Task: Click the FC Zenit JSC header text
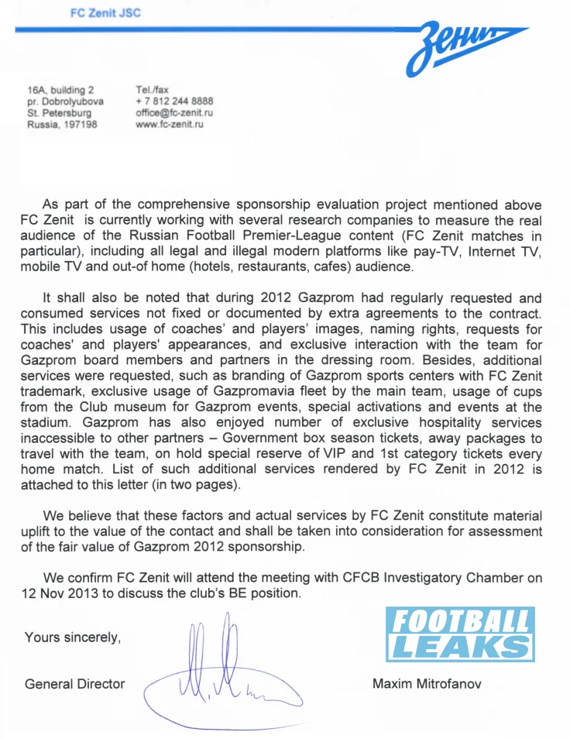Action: (105, 13)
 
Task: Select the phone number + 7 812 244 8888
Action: (174, 101)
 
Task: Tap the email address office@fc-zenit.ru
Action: (174, 113)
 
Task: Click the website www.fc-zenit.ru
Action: (169, 125)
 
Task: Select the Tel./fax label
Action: (152, 90)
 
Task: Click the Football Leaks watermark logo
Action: (461, 634)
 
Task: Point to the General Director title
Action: (74, 684)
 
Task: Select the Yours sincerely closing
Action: (73, 638)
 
